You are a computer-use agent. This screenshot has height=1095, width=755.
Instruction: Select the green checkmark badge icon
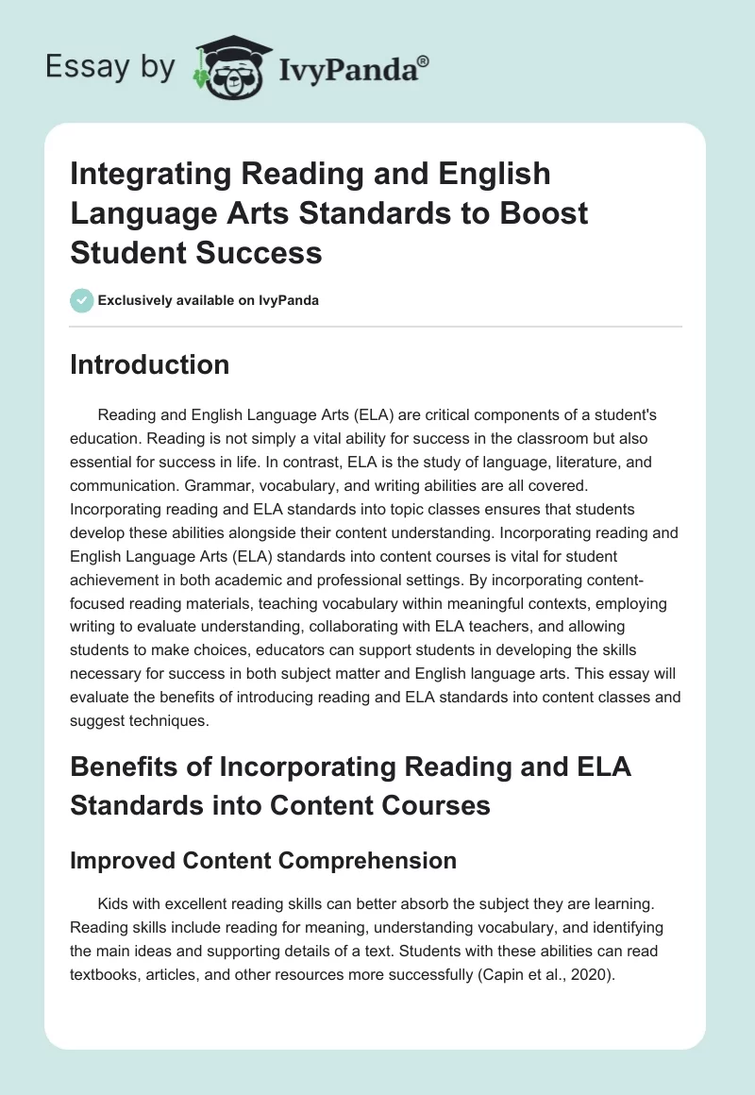(x=80, y=300)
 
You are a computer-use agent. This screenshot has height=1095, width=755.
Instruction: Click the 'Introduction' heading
(x=149, y=365)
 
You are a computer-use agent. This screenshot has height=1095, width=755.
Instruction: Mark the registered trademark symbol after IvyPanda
(x=423, y=59)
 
